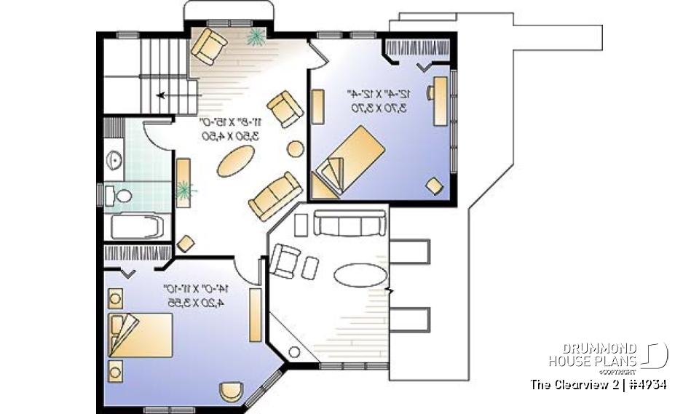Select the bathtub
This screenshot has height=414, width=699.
point(138,226)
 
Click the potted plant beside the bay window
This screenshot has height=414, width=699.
point(256,38)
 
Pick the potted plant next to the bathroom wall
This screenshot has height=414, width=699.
point(185,191)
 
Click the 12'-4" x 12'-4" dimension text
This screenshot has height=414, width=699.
point(381,100)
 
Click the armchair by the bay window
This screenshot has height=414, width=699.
point(209,46)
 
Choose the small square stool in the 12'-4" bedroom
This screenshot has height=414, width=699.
point(434,186)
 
